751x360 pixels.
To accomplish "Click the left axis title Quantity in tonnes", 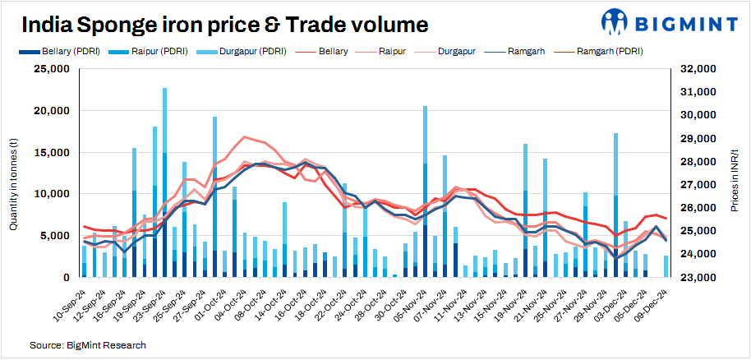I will click(13, 173).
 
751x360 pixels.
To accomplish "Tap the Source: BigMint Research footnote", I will click(81, 344).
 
